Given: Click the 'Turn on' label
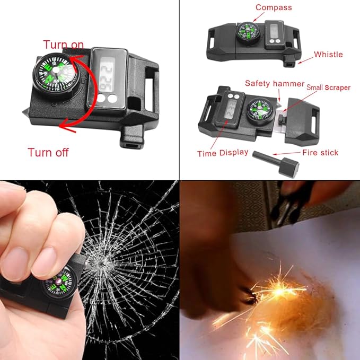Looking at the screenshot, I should (63, 45).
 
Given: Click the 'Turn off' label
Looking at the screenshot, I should (48, 153).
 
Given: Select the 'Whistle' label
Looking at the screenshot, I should (328, 54).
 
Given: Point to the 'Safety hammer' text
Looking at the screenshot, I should (275, 84).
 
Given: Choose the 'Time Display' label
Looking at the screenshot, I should (223, 153).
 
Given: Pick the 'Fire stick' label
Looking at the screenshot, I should (320, 153).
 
